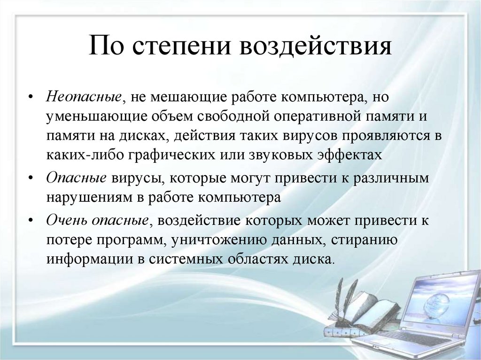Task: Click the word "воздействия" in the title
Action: (316, 47)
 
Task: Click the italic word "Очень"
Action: (66, 221)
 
